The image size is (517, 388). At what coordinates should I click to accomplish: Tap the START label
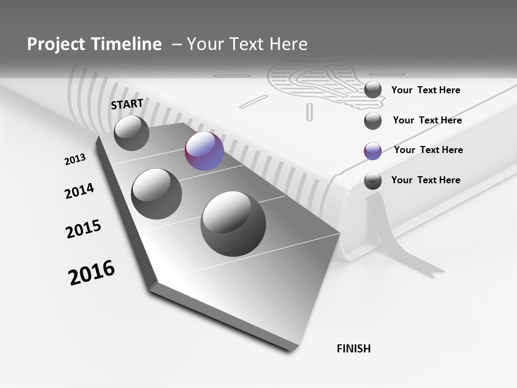[127, 104]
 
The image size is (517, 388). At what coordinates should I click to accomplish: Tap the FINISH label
[354, 349]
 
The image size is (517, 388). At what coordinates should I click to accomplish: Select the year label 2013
[75, 160]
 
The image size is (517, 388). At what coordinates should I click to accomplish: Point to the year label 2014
[80, 191]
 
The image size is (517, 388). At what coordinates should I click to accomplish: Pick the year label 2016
[92, 273]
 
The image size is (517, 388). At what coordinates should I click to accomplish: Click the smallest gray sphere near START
[131, 133]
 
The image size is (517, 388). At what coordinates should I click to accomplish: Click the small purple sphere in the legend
[373, 151]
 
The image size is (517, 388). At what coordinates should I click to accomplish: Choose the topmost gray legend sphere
[373, 89]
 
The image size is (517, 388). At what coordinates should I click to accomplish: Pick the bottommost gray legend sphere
[373, 181]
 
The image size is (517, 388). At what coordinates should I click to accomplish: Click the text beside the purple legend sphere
[428, 150]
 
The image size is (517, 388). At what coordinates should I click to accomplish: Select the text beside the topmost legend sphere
[425, 90]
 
